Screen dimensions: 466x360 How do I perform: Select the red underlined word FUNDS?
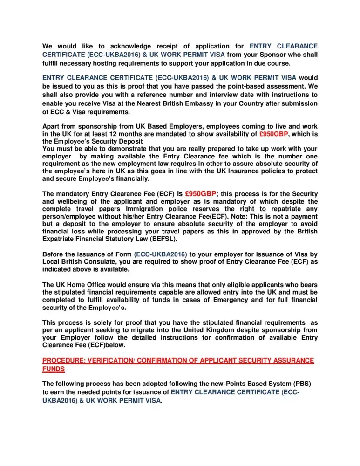click(x=54, y=369)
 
